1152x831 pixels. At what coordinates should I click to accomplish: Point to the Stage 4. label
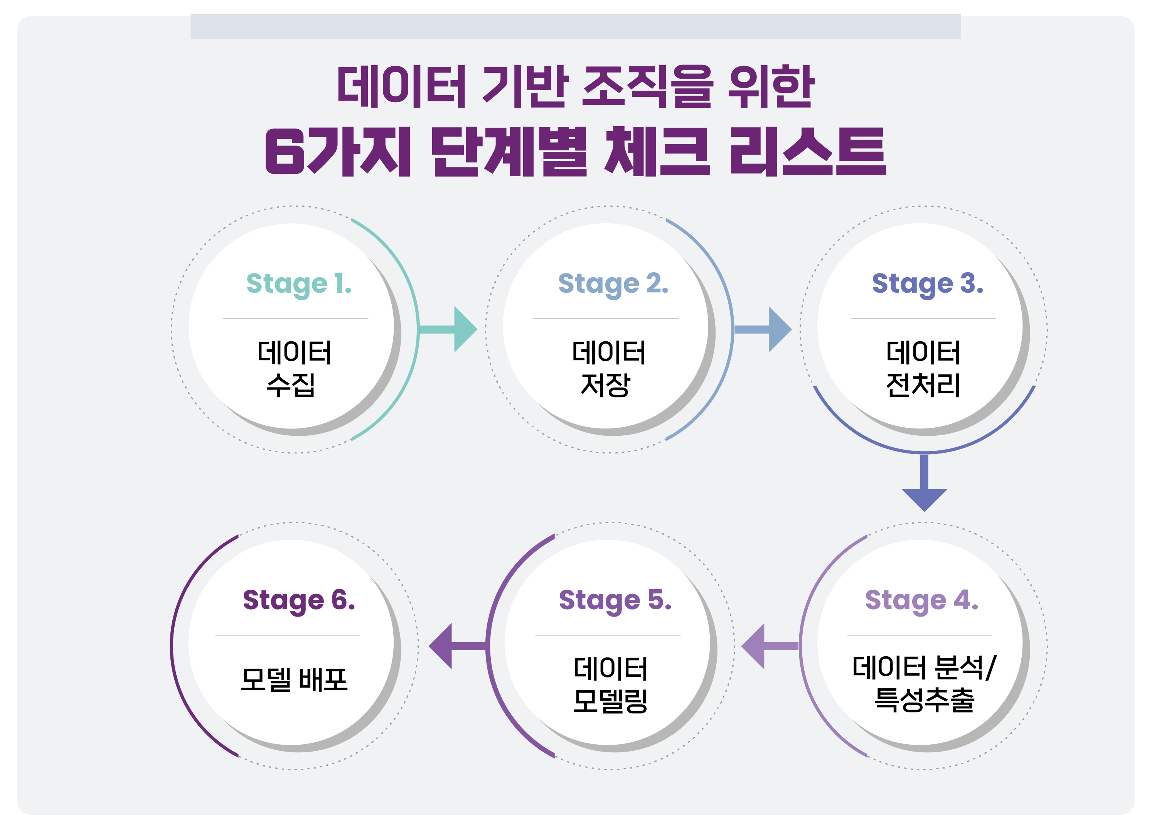click(921, 601)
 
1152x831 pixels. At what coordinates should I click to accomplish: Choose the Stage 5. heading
click(615, 601)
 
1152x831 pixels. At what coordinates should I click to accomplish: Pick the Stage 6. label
click(299, 601)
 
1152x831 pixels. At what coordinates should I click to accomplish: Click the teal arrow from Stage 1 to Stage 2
click(448, 329)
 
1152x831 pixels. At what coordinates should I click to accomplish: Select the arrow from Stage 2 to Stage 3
click(763, 329)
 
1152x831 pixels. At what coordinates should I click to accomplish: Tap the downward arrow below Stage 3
click(925, 482)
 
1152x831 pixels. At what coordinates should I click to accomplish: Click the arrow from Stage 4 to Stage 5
click(770, 646)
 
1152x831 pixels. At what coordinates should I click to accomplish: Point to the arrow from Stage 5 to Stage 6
click(458, 646)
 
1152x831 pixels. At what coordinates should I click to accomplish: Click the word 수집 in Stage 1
click(291, 384)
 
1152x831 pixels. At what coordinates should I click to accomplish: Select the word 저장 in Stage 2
click(605, 384)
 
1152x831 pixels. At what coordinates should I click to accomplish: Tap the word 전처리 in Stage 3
click(923, 384)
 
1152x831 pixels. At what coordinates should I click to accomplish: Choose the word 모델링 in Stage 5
click(610, 700)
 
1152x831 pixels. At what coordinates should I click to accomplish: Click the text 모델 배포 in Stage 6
click(294, 679)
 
